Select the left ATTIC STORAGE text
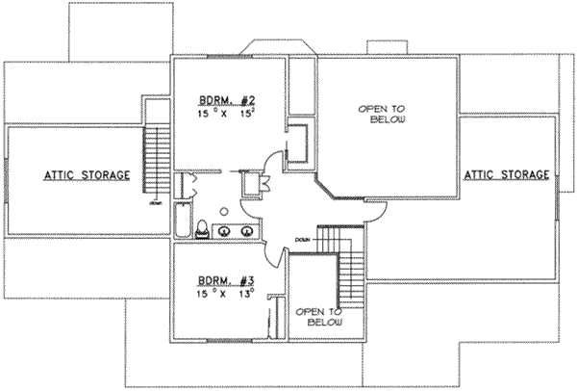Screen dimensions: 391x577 tap(86, 175)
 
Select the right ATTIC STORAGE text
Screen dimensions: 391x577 tap(507, 175)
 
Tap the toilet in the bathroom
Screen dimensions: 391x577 tap(203, 228)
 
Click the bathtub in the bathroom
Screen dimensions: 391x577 tap(183, 221)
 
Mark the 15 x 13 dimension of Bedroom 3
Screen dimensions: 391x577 tap(221, 295)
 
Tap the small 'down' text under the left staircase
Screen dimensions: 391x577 tap(154, 204)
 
